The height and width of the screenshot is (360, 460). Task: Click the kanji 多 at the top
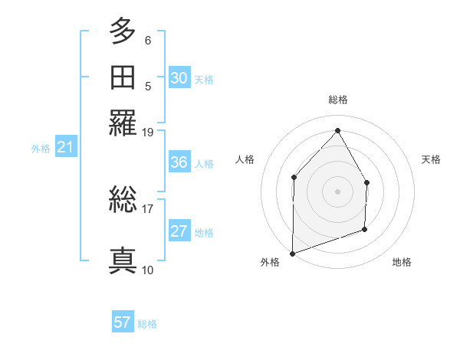coord(123,31)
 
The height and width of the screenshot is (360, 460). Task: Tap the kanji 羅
coord(123,123)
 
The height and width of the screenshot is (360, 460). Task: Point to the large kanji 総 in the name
coord(123,201)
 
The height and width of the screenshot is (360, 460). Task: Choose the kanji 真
coord(123,260)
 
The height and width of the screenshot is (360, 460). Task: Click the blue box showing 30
coord(179,77)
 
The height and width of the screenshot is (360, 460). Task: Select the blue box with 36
coord(179,162)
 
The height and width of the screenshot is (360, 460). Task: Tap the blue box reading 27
coord(179,231)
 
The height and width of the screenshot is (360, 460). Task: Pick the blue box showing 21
coord(65,148)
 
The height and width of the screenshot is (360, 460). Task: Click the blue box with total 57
coord(123,322)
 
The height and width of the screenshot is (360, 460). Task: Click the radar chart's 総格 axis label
coord(337,100)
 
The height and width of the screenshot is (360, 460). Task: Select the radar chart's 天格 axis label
coord(431,159)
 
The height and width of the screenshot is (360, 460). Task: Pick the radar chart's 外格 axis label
coord(270,262)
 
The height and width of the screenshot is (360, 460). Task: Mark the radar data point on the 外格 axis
coord(292,253)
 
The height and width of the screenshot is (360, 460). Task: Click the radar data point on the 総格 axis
coord(337,131)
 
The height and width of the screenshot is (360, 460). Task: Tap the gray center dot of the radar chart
coord(337,191)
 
